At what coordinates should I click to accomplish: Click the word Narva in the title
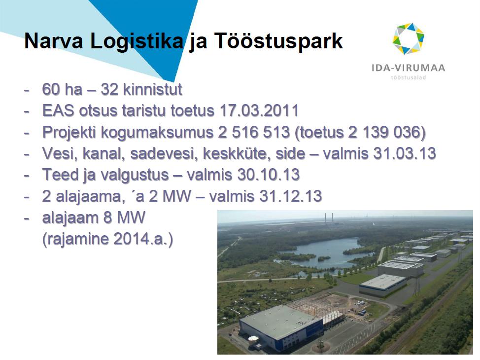[x=54, y=41]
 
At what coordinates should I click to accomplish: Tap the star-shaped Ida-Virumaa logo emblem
[x=409, y=38]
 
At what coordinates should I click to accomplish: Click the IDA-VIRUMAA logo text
[x=409, y=68]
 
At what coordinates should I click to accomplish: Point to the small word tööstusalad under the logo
[x=409, y=77]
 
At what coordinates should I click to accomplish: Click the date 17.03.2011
[x=259, y=110]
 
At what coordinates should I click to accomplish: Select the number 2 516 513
[x=254, y=132]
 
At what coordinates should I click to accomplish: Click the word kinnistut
[x=152, y=89]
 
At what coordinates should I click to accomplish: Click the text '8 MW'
[x=124, y=217]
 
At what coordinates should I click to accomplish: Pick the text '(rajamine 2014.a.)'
[x=107, y=239]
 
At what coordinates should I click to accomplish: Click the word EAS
[x=58, y=110]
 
